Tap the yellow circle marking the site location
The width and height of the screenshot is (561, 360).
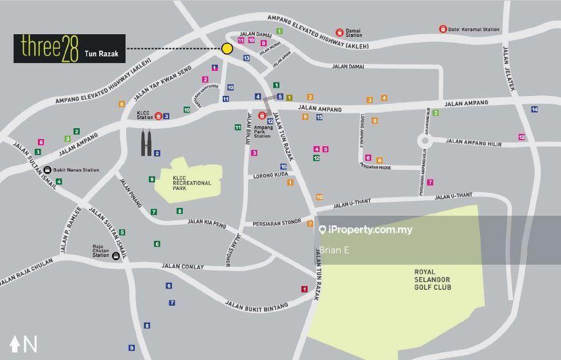tap(227, 48)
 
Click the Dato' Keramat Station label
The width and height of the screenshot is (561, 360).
tap(473, 29)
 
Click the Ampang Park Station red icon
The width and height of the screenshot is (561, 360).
tap(262, 116)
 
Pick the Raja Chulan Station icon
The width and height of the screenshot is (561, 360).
tap(115, 256)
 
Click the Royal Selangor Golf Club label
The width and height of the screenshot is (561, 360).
tap(432, 279)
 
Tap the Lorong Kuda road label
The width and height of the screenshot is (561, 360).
tap(267, 175)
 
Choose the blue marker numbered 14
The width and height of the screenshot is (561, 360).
tap(534, 109)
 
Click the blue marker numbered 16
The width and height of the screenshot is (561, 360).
tap(283, 167)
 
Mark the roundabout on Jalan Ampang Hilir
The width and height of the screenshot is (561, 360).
tap(424, 140)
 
